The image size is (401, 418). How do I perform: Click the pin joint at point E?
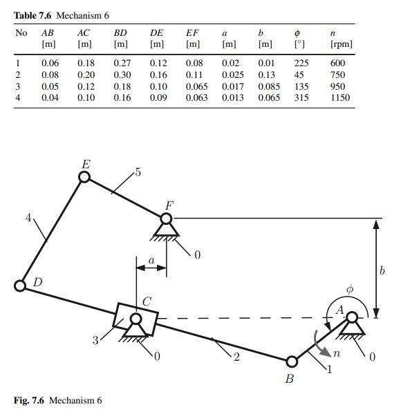coord(84,177)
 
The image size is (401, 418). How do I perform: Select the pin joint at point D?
coord(21,286)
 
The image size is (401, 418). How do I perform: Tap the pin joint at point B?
coord(292,361)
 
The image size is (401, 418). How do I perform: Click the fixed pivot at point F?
coord(166,219)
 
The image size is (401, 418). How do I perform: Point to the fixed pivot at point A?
coord(352,317)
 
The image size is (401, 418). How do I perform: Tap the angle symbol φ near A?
coord(349,290)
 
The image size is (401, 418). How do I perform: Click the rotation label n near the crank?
coord(337,353)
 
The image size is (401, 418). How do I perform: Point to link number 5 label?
coord(138,172)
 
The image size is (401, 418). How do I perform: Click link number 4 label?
coord(28,218)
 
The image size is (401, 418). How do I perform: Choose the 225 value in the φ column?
coord(301,63)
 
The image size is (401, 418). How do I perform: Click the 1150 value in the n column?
coord(340,98)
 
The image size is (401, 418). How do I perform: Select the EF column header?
coord(192,32)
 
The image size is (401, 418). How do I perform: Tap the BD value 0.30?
coord(122,75)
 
